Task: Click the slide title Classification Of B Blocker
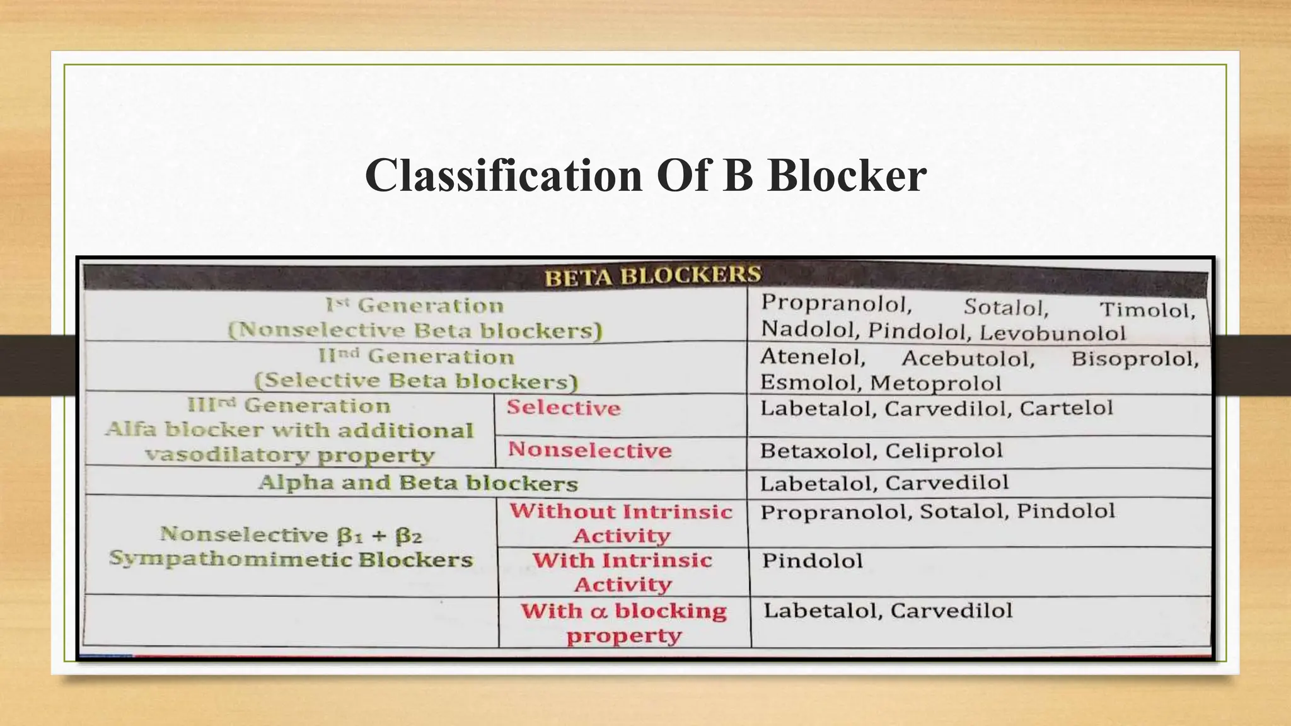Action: point(645,175)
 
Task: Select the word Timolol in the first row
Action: point(1147,310)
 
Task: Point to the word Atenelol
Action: point(813,357)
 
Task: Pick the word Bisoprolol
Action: point(1135,359)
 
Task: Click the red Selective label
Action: point(564,408)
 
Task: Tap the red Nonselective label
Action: point(590,450)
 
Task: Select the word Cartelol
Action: point(1066,408)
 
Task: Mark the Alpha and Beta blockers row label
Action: point(418,483)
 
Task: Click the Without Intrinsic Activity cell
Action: point(622,523)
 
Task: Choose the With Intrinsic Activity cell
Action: point(622,572)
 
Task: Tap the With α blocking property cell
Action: point(623,623)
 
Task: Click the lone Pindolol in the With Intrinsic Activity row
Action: point(812,560)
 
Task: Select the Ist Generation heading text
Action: point(415,306)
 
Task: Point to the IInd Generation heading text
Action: point(417,357)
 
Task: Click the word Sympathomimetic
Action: point(231,559)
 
